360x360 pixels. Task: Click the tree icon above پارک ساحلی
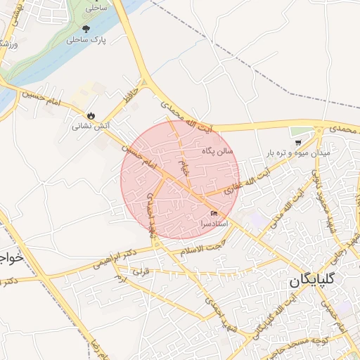point(86,29)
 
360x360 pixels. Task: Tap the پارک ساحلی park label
point(86,41)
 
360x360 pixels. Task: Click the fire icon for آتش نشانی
point(91,115)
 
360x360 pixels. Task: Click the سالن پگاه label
point(217,150)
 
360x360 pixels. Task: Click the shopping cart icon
point(298,141)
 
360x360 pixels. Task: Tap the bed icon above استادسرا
point(214,213)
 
